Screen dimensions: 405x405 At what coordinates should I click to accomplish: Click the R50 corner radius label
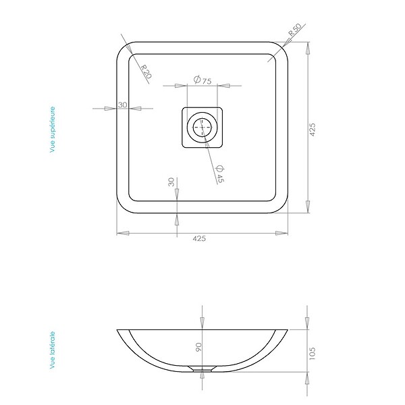click(x=295, y=30)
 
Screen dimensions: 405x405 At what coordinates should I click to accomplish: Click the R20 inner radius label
click(x=146, y=72)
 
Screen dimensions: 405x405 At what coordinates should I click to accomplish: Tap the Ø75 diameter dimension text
click(x=202, y=80)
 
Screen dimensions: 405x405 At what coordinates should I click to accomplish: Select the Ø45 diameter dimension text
click(x=219, y=174)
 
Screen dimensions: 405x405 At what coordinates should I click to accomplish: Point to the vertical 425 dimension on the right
click(x=313, y=130)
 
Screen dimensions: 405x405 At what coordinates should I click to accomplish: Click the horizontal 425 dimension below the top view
click(x=199, y=238)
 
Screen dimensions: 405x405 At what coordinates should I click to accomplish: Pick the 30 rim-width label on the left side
click(x=122, y=105)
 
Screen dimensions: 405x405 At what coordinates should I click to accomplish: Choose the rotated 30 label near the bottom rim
click(x=171, y=182)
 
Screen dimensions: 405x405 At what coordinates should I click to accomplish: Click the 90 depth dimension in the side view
click(x=198, y=347)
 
